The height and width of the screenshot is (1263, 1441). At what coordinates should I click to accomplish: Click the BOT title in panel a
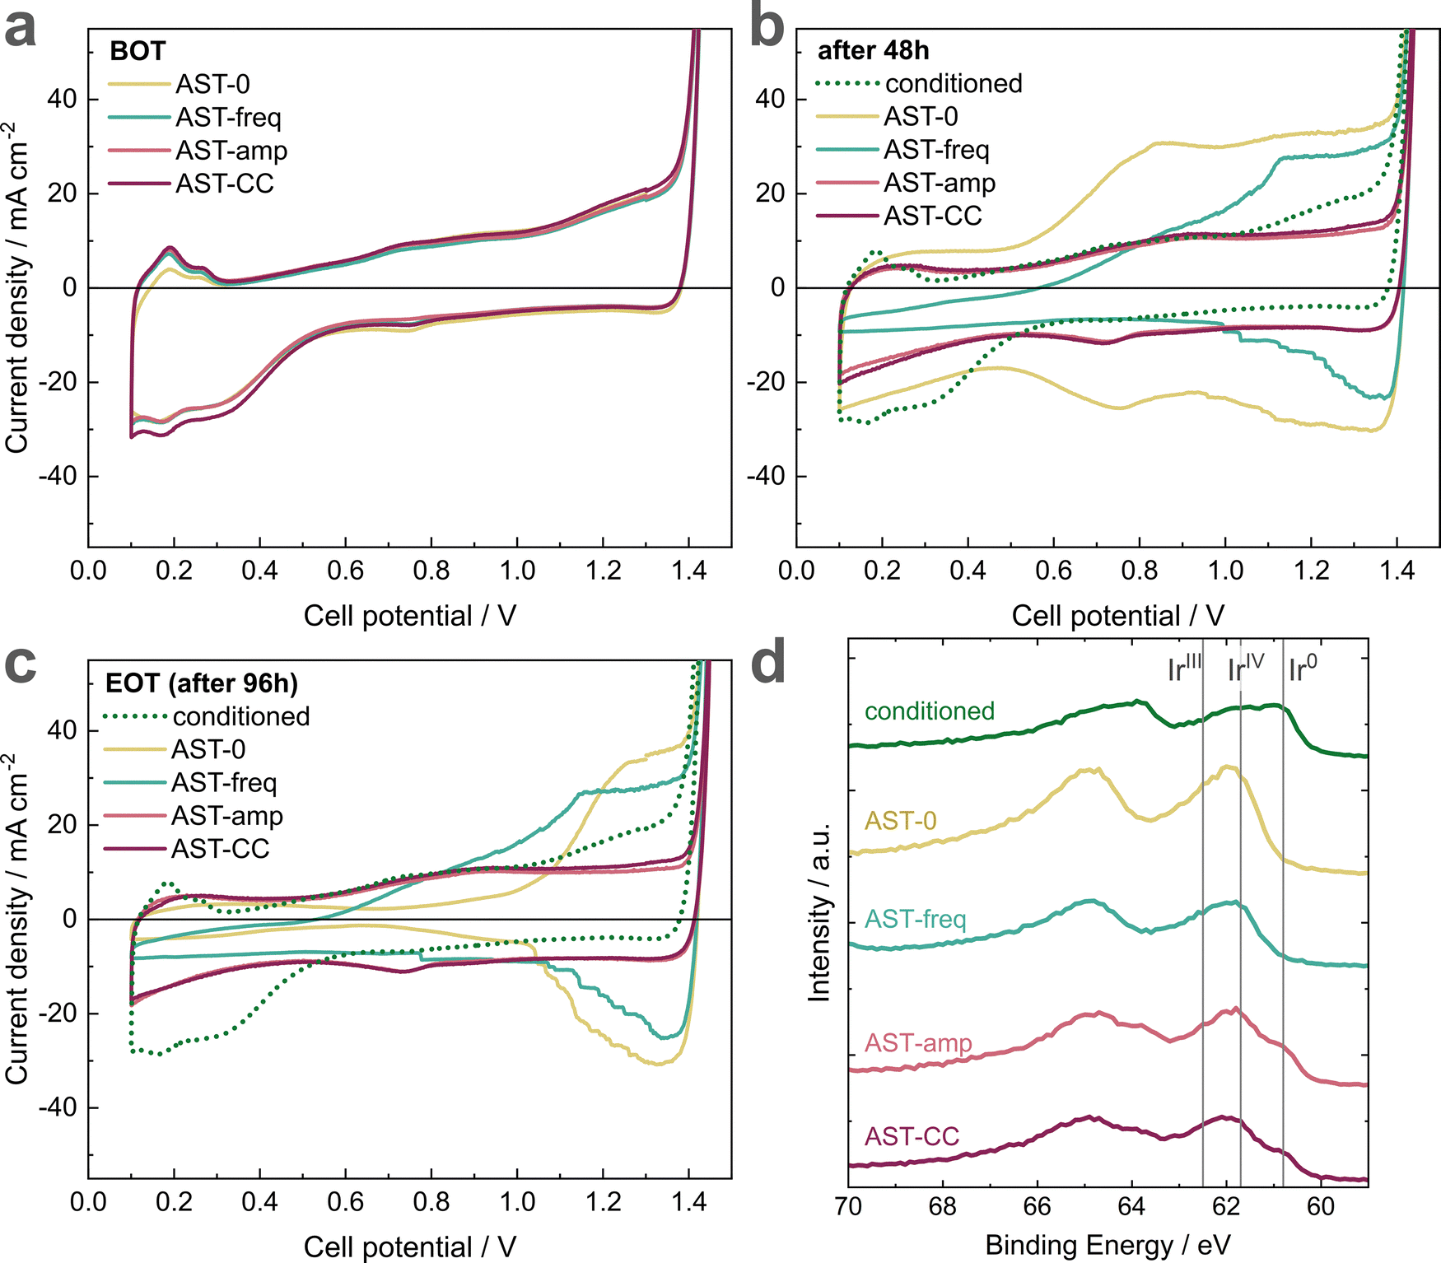138,51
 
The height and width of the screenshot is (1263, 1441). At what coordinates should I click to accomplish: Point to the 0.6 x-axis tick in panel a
345,571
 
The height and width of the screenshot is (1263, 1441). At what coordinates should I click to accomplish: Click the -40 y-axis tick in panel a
57,477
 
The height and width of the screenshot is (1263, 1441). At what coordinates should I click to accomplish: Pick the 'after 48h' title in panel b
873,51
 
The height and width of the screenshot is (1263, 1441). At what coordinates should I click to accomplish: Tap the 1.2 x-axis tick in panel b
1311,571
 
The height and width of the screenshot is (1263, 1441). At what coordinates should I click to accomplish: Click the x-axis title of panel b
1117,616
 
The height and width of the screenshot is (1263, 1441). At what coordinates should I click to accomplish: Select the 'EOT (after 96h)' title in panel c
202,683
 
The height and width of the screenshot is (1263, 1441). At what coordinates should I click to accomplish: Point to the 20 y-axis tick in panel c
63,825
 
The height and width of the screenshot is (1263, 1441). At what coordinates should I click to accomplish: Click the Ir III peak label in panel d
1184,669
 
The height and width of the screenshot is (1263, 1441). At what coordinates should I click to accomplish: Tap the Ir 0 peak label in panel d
1302,669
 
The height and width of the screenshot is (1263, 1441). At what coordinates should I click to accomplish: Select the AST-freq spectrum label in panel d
915,919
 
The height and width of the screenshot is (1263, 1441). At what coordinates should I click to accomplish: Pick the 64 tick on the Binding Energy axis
1131,1207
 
